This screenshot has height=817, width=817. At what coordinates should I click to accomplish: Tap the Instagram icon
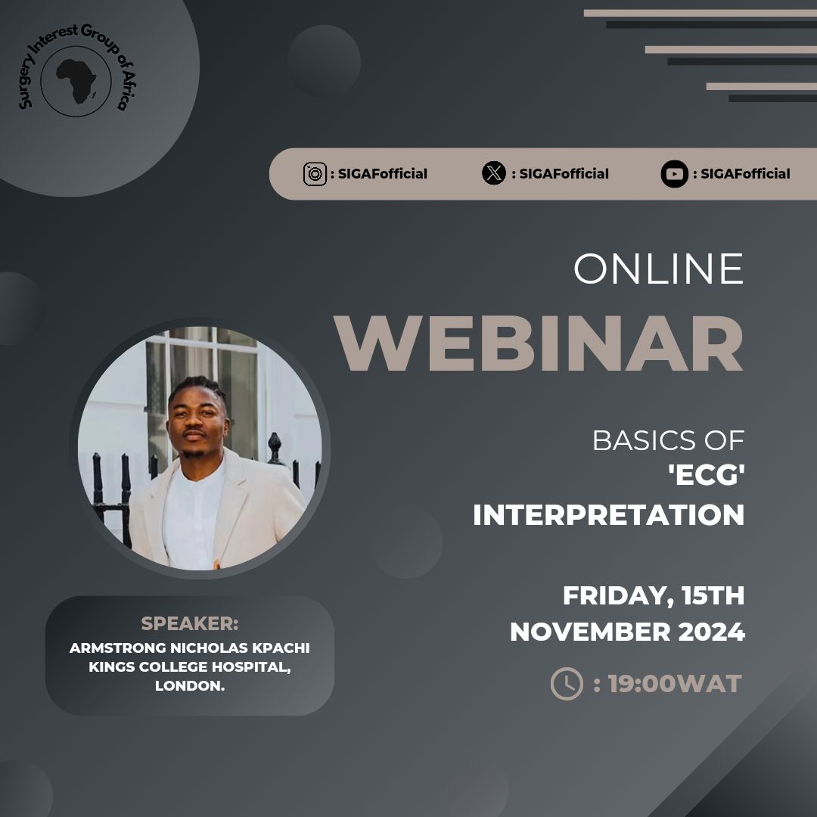pos(315,174)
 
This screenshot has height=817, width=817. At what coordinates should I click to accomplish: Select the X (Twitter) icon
pos(493,173)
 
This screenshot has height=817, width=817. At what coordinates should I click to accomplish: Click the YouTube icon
pos(674,174)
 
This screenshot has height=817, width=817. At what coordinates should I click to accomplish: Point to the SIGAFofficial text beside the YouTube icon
pos(745,174)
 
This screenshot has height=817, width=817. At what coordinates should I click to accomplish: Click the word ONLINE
pos(659,269)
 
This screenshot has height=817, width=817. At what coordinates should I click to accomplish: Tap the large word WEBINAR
pos(539,344)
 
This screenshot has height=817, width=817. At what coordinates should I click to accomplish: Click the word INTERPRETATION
pos(608,515)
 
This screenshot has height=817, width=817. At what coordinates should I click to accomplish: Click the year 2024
pos(711,632)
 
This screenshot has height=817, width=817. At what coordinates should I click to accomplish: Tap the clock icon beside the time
pos(567,684)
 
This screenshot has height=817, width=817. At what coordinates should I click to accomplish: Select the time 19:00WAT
pos(675,684)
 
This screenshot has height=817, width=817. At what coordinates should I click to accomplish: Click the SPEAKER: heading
pos(190,623)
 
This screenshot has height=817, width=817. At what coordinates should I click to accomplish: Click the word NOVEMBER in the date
pos(590,632)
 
